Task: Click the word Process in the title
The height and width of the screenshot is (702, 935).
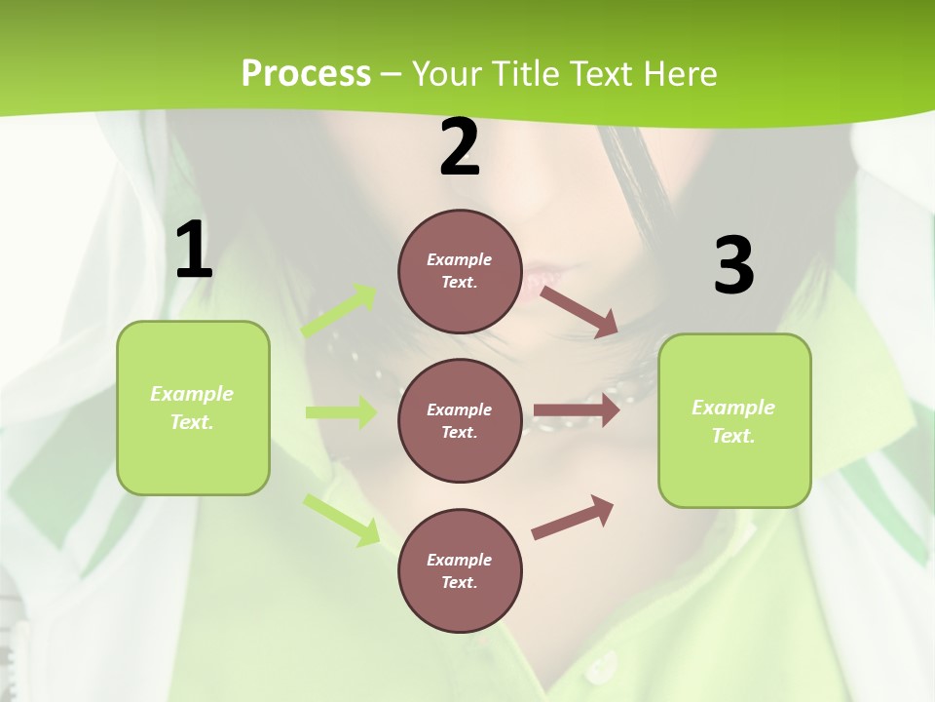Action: (306, 74)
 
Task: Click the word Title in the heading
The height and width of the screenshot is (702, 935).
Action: (528, 74)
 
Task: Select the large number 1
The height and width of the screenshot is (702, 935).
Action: (194, 251)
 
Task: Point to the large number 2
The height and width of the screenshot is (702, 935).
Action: (460, 148)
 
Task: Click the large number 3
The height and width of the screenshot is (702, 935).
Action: (733, 266)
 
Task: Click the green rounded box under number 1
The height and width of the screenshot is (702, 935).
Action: (193, 408)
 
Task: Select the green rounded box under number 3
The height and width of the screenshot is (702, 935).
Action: (734, 421)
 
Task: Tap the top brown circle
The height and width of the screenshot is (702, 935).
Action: (460, 271)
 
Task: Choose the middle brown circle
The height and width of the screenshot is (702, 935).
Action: (460, 421)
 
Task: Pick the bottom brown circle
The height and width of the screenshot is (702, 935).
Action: (460, 571)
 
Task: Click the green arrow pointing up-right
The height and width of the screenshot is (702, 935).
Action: (339, 311)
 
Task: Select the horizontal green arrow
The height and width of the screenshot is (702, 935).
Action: (341, 412)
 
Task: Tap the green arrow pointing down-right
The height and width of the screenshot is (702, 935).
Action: (341, 520)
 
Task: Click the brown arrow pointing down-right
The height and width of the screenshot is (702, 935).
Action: (580, 311)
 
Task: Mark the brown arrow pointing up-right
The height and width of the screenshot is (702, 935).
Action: (573, 518)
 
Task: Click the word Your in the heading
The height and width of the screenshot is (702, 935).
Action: (448, 74)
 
